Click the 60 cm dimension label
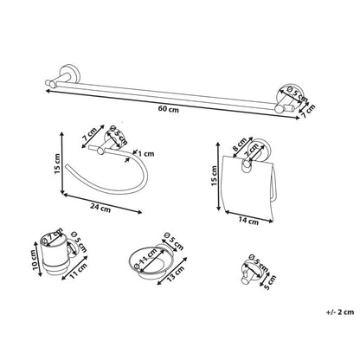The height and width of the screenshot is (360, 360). pos(168,109)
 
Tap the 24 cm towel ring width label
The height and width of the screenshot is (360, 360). pos(100,208)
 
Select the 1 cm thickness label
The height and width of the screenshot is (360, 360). pos(145,154)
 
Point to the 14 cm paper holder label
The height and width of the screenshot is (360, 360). pos(248,222)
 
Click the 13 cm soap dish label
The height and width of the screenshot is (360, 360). pos(176,273)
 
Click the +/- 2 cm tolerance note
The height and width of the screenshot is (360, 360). pos(340,312)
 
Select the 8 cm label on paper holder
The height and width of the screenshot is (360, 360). pos(240,145)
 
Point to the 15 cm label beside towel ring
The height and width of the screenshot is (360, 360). pos(57,164)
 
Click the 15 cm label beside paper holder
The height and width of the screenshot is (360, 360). pos(214,176)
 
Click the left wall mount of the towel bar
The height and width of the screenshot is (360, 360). pos(66,74)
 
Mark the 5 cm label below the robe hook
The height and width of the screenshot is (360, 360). pos(270,282)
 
